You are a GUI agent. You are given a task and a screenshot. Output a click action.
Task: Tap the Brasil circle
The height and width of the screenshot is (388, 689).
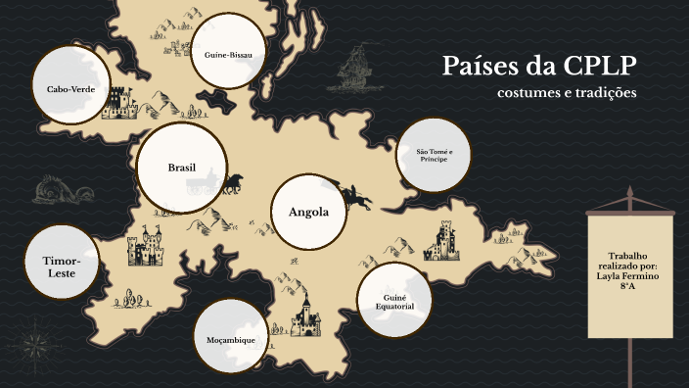pyautogui.click(x=182, y=168)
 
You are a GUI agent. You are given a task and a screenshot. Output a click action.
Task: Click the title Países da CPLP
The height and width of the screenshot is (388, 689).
pyautogui.click(x=539, y=66)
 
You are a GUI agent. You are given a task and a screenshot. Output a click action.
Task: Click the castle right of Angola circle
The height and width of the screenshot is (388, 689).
pyautogui.click(x=443, y=240)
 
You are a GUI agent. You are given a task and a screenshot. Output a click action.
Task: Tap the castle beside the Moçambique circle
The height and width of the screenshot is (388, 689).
pyautogui.click(x=305, y=315)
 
